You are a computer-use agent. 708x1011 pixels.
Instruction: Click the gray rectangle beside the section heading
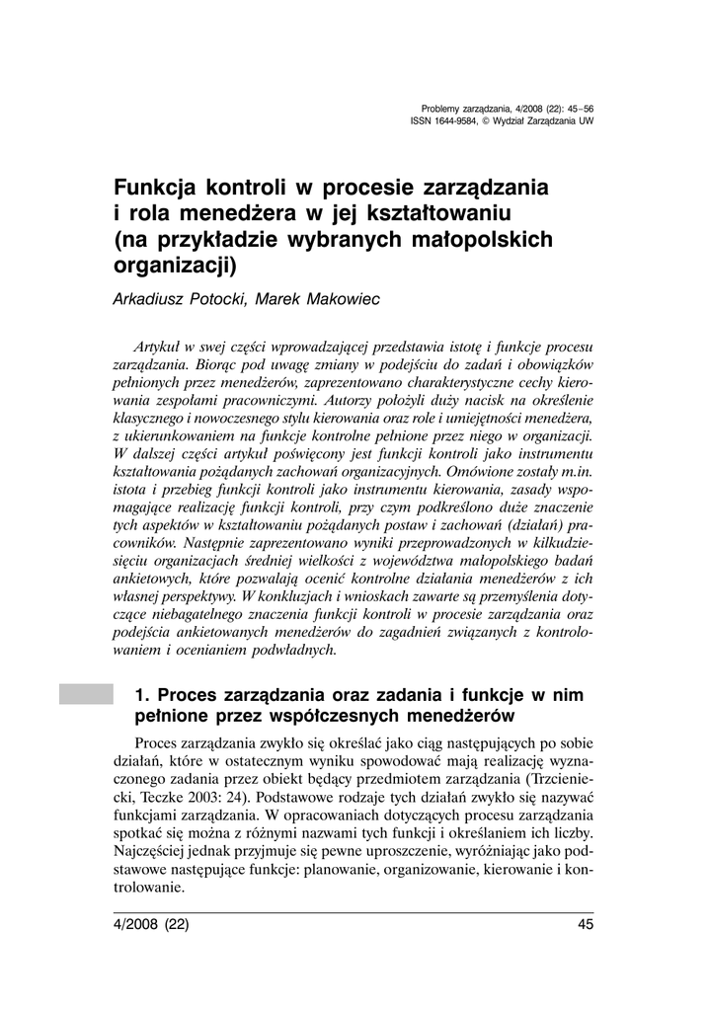(x=86, y=694)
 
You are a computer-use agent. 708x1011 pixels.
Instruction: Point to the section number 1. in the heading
(x=141, y=695)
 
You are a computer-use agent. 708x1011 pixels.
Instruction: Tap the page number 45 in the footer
(x=585, y=925)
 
